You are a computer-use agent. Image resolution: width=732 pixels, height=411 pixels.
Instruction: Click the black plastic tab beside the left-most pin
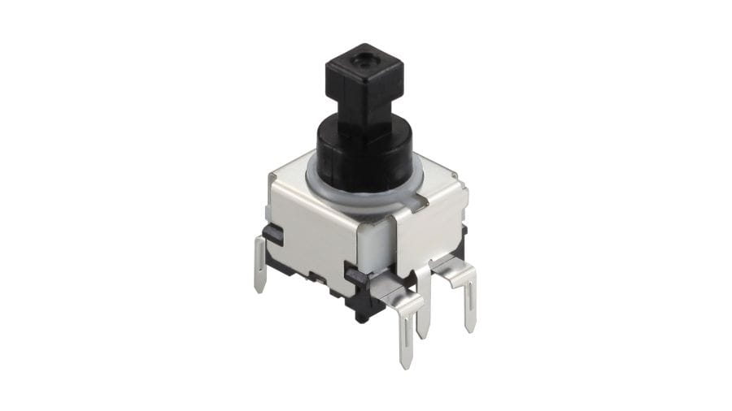273,236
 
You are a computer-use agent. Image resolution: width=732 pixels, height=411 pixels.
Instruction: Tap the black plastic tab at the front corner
356,276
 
